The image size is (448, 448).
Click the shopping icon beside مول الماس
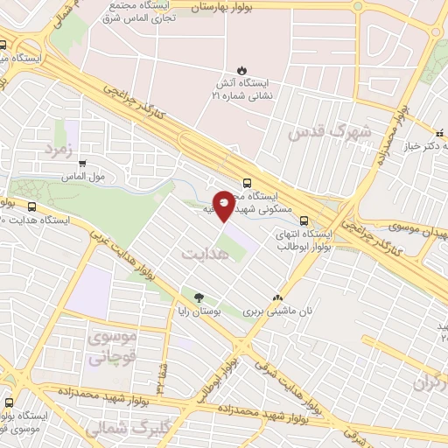tap(83, 163)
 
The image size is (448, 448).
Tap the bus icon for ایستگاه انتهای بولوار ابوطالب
tap(304, 220)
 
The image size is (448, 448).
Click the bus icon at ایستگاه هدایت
tap(32, 207)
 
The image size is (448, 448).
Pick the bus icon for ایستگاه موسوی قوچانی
tap(9, 403)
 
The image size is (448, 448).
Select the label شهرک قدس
tap(330, 132)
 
